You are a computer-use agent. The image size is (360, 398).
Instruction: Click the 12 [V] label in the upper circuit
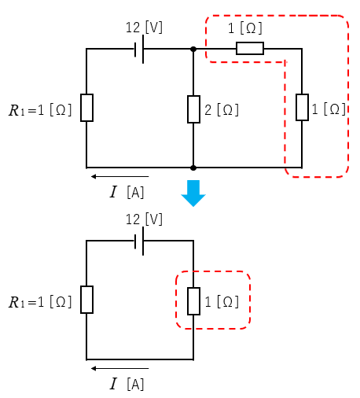(x=144, y=28)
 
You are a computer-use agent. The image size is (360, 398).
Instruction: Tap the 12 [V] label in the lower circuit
(x=144, y=219)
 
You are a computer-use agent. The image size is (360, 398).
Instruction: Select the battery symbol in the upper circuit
(x=139, y=49)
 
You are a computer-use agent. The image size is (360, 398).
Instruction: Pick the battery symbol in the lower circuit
(x=139, y=241)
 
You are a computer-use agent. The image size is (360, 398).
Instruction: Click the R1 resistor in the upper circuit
(x=86, y=108)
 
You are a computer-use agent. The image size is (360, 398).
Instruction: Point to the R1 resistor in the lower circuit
(x=86, y=300)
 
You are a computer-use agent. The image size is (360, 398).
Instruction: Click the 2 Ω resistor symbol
(x=193, y=109)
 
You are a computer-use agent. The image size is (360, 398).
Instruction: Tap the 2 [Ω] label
(x=222, y=110)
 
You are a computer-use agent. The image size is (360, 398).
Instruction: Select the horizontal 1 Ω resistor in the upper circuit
(x=250, y=48)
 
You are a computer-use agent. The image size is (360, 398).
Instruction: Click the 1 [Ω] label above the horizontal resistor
(x=245, y=28)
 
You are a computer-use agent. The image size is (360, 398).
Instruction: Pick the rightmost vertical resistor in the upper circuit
(x=302, y=107)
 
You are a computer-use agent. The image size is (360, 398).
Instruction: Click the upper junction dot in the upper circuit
(x=193, y=49)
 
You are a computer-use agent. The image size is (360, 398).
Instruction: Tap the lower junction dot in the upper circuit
(x=193, y=168)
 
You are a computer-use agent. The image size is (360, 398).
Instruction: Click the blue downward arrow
(x=193, y=193)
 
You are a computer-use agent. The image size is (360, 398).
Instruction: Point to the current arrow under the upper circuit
(x=119, y=176)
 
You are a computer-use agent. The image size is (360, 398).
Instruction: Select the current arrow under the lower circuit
(x=119, y=368)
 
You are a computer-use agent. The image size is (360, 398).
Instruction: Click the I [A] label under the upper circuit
(x=127, y=192)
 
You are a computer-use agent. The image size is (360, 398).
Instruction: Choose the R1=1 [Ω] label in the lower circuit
(x=40, y=302)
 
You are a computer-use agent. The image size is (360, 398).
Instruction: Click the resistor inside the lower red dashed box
(x=193, y=301)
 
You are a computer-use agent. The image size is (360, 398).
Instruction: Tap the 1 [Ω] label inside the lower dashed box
(x=222, y=302)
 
